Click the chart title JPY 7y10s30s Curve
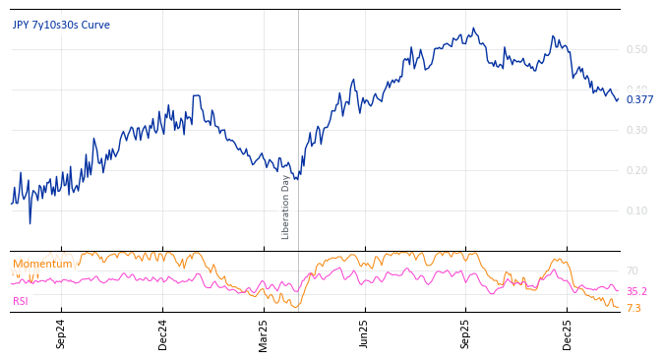pyautogui.click(x=61, y=26)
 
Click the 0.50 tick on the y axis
pyautogui.click(x=636, y=50)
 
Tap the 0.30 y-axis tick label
pyautogui.click(x=636, y=131)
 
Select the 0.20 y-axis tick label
pyautogui.click(x=636, y=171)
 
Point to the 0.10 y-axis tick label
pyautogui.click(x=636, y=211)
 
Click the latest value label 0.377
pyautogui.click(x=639, y=100)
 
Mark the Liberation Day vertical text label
pyautogui.click(x=286, y=207)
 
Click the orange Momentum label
pyautogui.click(x=42, y=265)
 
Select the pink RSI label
pyautogui.click(x=21, y=302)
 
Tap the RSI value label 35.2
pyautogui.click(x=636, y=292)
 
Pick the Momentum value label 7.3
pyautogui.click(x=633, y=309)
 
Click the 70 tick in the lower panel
pyautogui.click(x=632, y=270)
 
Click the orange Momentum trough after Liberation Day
pyautogui.click(x=298, y=307)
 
